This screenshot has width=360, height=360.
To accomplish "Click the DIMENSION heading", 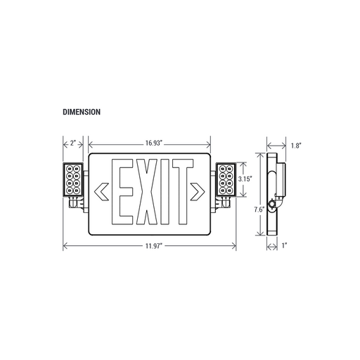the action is pos(82,112).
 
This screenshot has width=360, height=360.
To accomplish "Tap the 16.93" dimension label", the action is pos(154,143).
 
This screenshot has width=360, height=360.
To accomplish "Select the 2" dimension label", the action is pos(73,143).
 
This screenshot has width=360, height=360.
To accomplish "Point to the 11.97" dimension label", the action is pos(154,246).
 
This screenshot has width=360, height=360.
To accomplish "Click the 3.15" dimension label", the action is pos(245,179).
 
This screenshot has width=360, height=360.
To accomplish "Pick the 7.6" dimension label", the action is pos(259,210).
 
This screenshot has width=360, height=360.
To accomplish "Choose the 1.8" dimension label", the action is pos(296,146).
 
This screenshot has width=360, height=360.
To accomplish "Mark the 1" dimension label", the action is pos(284,245).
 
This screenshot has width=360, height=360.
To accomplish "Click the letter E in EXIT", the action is pos(122,192).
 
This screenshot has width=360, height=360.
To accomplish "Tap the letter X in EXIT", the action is pos(147,192).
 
